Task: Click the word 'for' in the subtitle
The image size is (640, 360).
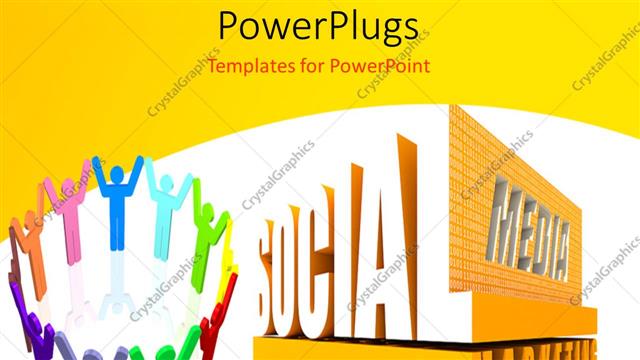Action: pos(312,67)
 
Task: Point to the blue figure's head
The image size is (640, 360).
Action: pos(117,174)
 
